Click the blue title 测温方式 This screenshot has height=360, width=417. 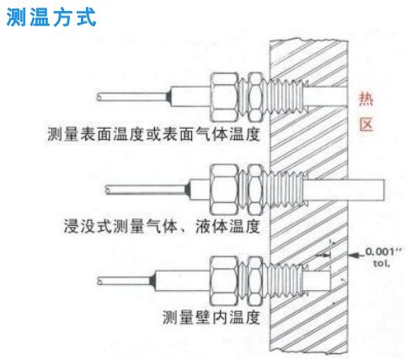tap(51, 17)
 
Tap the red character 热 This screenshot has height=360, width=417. tap(366, 99)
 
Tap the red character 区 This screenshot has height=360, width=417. tap(366, 124)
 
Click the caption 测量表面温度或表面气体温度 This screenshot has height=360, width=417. tap(153, 134)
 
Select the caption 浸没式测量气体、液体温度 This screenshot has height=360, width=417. tap(162, 226)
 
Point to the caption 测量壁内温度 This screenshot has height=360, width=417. tap(211, 317)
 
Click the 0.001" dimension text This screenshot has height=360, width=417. tap(383, 251)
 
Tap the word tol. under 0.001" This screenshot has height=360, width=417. tap(382, 264)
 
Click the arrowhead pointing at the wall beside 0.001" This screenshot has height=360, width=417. tap(354, 255)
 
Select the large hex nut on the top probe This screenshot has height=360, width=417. tap(224, 97)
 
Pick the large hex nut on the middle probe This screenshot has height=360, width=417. tap(224, 189)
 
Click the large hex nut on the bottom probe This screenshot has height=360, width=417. tap(224, 281)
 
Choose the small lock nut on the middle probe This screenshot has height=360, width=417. tap(256, 189)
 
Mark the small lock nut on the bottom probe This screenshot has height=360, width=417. tap(256, 281)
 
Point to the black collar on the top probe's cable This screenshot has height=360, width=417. tap(168, 97)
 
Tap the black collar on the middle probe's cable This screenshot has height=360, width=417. tap(187, 189)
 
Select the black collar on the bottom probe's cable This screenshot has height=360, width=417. tap(152, 281)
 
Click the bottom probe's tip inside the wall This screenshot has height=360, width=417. tap(318, 281)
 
